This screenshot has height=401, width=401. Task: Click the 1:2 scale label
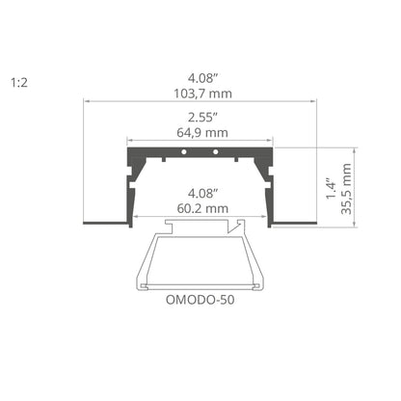click(19, 83)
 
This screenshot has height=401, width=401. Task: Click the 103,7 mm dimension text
click(202, 94)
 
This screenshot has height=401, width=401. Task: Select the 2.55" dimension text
click(203, 118)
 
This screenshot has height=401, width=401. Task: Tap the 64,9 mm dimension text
click(202, 132)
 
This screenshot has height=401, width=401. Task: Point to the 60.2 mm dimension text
click(202, 208)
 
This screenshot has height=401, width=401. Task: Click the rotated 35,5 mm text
click(346, 189)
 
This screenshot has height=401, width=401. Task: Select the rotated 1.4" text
click(331, 188)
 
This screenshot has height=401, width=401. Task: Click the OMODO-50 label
click(200, 300)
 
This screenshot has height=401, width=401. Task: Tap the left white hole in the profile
click(184, 151)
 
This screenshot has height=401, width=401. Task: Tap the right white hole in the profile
click(216, 151)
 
